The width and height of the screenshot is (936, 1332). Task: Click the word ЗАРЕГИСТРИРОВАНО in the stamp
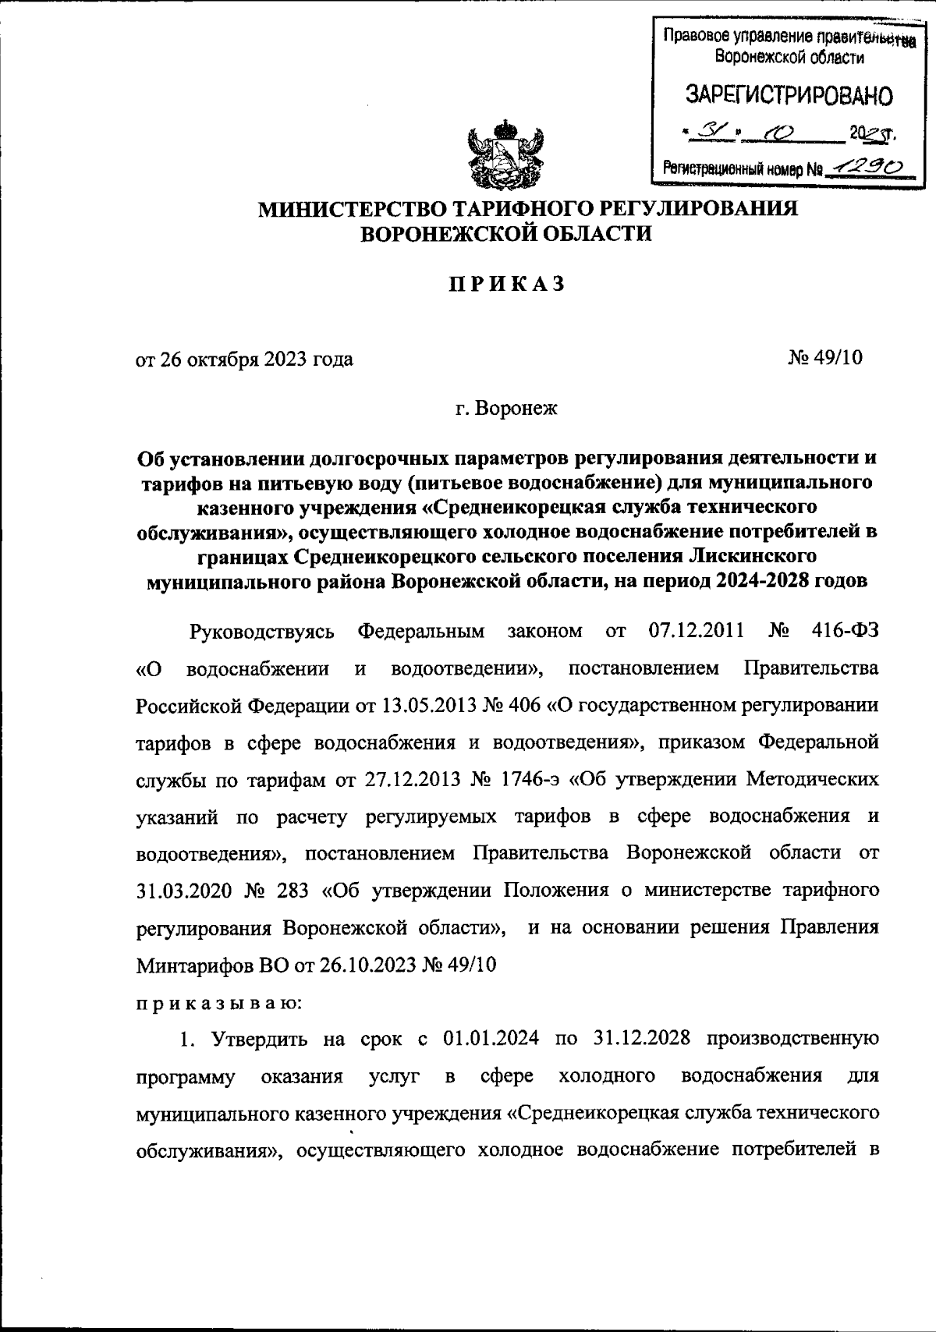789,95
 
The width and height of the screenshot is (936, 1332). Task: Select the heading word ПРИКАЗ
505,285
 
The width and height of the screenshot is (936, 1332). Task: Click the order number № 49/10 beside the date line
826,358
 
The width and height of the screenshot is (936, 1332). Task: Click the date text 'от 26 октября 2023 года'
244,359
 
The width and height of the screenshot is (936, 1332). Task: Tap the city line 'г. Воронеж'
506,408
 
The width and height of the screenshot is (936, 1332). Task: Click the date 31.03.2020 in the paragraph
174,890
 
